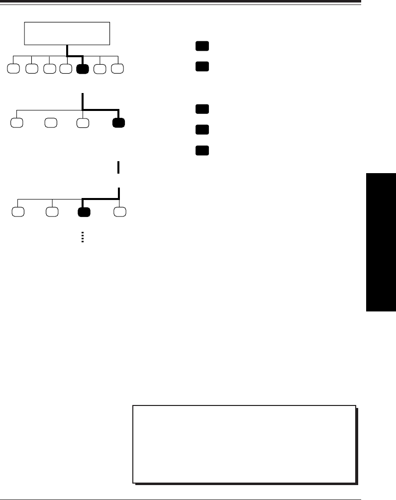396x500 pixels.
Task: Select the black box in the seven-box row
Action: (x=83, y=69)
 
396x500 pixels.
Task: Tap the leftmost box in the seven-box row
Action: (x=14, y=69)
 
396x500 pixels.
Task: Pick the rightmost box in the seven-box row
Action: (x=117, y=69)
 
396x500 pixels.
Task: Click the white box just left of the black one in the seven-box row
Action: (x=66, y=69)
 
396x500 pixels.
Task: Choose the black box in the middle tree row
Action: (x=118, y=122)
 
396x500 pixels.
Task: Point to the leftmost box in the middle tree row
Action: (x=16, y=122)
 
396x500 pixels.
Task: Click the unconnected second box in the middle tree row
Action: (x=50, y=122)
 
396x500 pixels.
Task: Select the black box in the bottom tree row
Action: (x=84, y=212)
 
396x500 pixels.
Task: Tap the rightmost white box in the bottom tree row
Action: (x=119, y=212)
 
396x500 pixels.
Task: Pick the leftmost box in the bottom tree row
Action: (x=18, y=212)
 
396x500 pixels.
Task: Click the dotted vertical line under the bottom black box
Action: (x=83, y=237)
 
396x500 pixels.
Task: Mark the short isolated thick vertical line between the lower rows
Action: (x=118, y=167)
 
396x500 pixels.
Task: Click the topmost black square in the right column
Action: (x=201, y=46)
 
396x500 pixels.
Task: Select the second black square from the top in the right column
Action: (x=201, y=66)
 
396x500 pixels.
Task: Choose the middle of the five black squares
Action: (x=201, y=109)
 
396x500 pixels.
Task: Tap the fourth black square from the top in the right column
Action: (x=201, y=130)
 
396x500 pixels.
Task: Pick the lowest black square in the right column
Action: (x=201, y=150)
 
